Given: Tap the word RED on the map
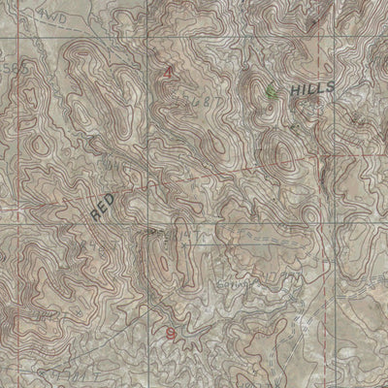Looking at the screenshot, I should click(x=103, y=206).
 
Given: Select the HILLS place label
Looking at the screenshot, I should click(x=311, y=88).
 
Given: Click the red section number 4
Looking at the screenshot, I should click(x=169, y=73).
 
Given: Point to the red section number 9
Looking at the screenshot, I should click(x=172, y=335).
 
